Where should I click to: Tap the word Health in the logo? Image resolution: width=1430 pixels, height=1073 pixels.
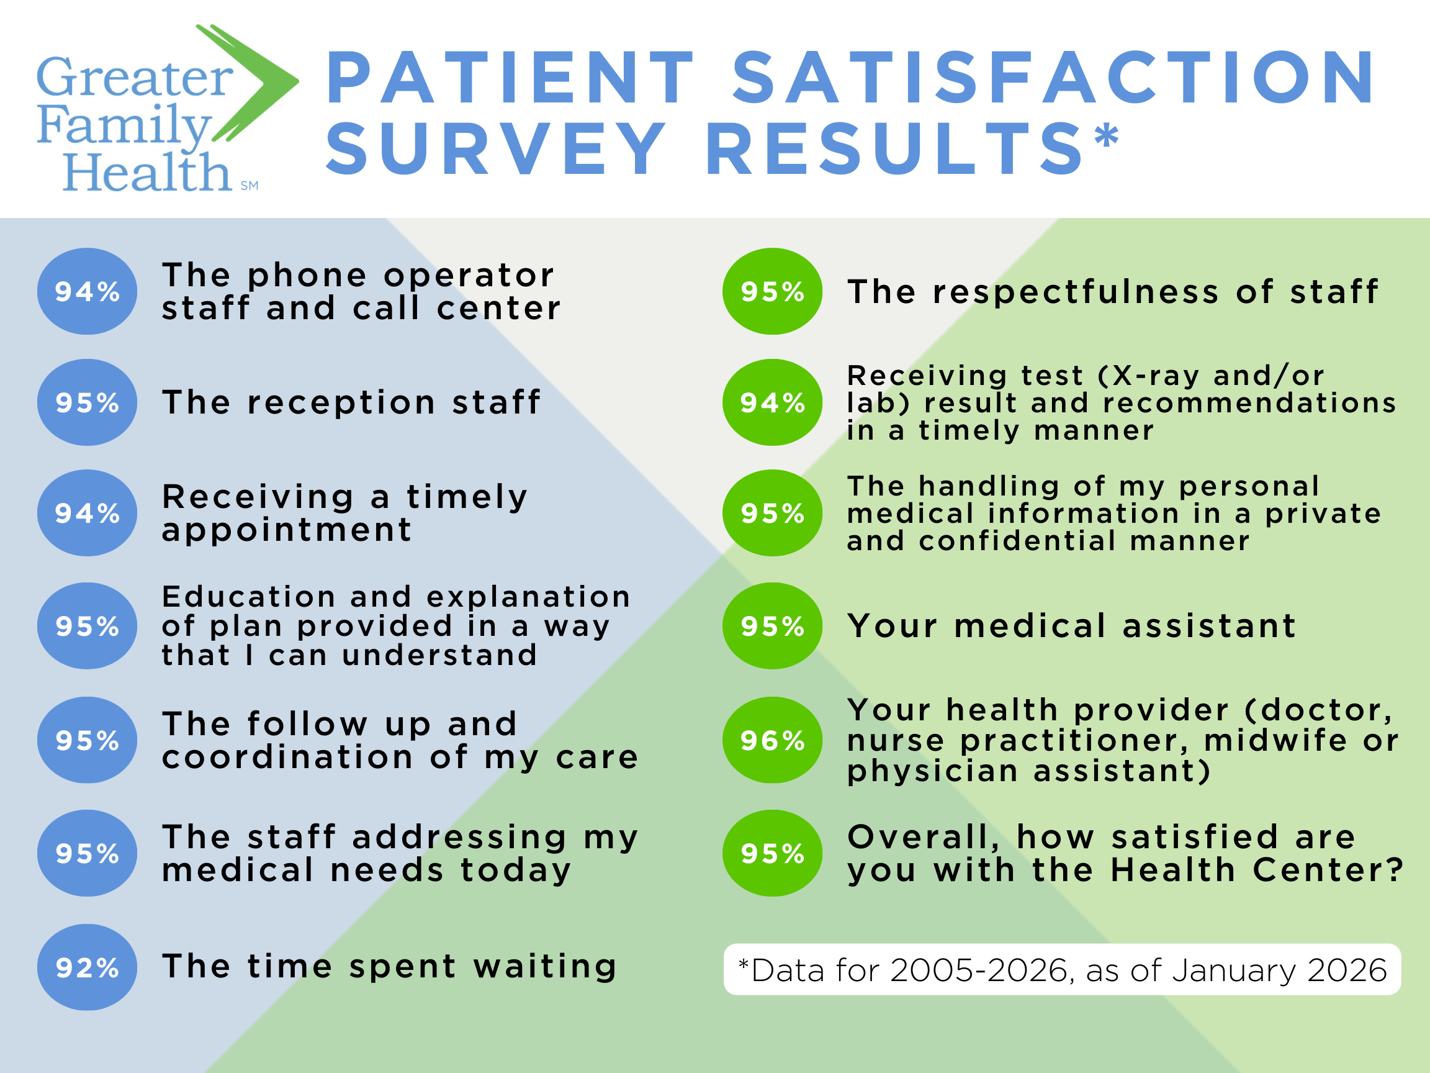pyautogui.click(x=147, y=173)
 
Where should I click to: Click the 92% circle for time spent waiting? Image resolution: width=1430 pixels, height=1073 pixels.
pyautogui.click(x=88, y=967)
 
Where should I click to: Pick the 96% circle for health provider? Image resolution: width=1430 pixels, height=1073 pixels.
pyautogui.click(x=772, y=740)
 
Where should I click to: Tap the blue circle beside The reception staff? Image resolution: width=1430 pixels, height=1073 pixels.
pyautogui.click(x=88, y=402)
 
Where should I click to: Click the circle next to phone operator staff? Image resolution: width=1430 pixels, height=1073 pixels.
pyautogui.click(x=88, y=291)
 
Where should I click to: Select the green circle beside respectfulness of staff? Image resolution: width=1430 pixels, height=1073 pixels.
pyautogui.click(x=772, y=291)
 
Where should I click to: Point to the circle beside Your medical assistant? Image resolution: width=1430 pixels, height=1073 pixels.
pyautogui.click(x=772, y=625)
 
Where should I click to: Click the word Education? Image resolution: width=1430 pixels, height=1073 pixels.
pyautogui.click(x=249, y=596)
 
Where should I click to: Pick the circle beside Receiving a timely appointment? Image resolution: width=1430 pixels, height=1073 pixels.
pyautogui.click(x=88, y=513)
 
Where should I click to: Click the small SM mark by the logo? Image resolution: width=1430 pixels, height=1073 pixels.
pyautogui.click(x=250, y=186)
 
